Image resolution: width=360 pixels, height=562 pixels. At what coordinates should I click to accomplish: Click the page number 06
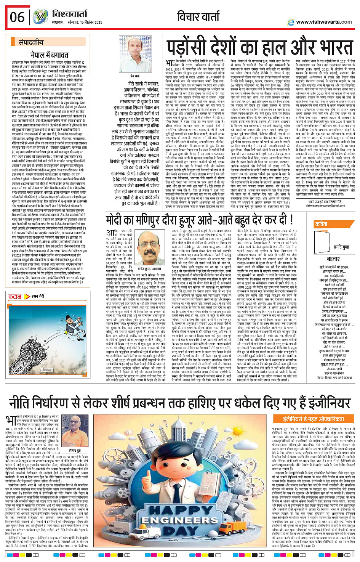click(18, 17)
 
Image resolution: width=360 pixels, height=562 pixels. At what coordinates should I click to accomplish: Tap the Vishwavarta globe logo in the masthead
click(40, 16)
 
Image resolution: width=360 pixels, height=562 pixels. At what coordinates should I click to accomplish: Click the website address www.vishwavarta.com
click(323, 22)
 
